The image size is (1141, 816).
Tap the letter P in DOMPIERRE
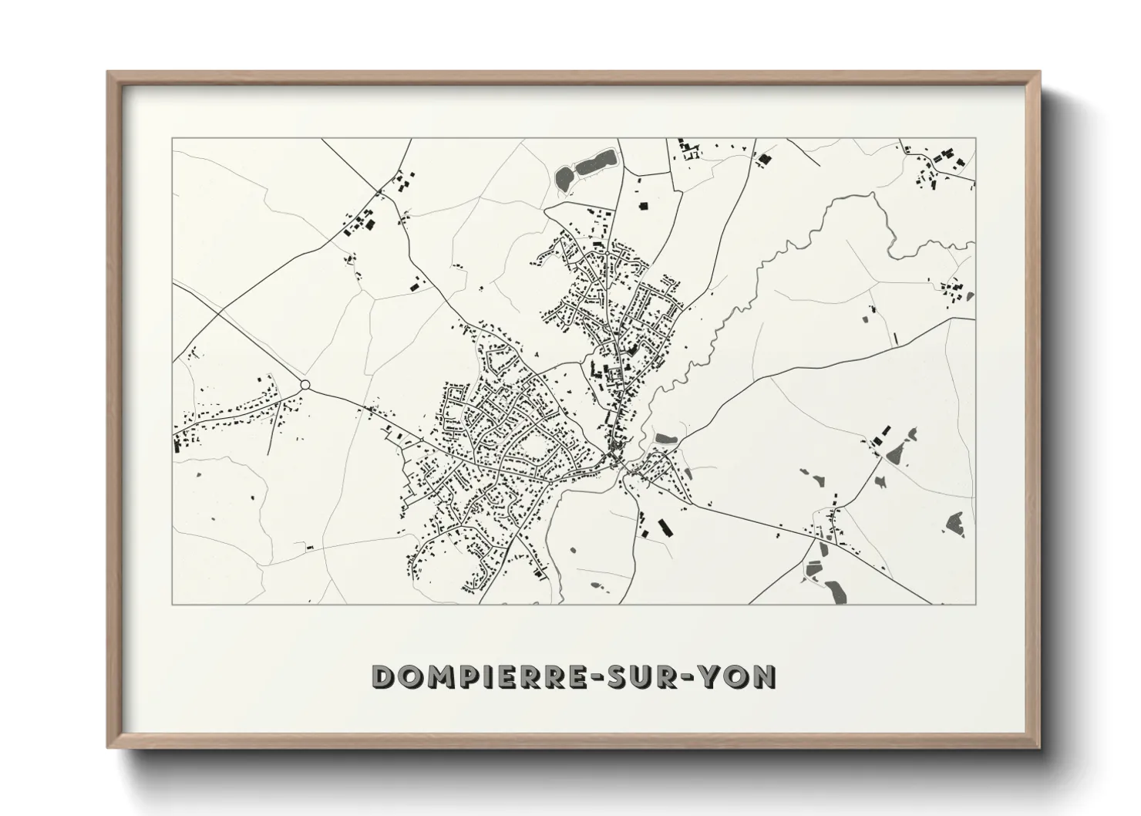click(x=468, y=676)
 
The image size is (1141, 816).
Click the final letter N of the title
click(x=765, y=676)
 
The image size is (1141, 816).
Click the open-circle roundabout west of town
click(x=305, y=384)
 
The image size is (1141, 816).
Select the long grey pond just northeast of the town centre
click(x=665, y=439)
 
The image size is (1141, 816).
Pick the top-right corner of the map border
click(x=975, y=138)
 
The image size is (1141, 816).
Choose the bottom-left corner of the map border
click(x=172, y=604)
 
